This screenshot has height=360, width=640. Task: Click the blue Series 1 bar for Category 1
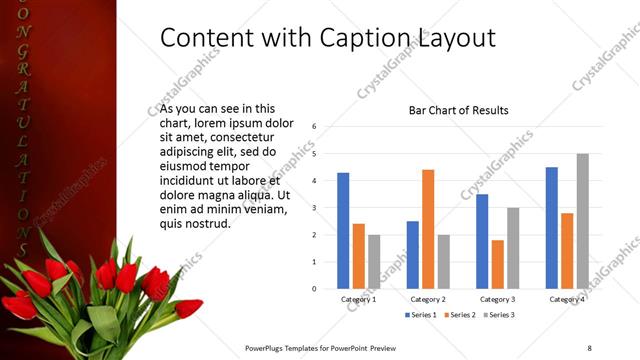point(343,230)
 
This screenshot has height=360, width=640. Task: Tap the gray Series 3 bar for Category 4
point(583,221)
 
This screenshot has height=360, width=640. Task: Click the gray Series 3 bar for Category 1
point(374,261)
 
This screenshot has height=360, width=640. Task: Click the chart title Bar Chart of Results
point(459,110)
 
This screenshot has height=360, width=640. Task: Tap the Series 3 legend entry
point(500,315)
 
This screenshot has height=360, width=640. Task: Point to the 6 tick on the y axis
point(314,127)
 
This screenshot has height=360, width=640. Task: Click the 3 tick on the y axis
point(314,208)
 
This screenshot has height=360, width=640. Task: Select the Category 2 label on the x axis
point(428,299)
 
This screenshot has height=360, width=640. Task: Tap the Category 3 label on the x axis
point(497,299)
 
